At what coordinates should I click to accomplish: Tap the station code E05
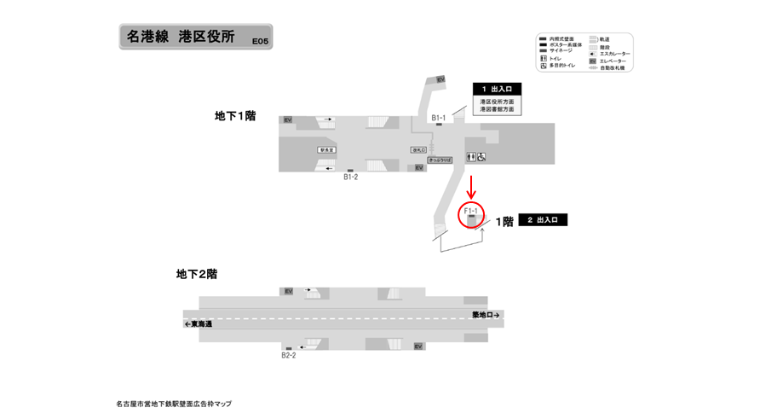coord(258,40)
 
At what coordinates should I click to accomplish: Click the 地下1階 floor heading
coord(235,115)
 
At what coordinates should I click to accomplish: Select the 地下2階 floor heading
coord(197,274)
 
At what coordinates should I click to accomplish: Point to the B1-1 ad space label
coord(439,117)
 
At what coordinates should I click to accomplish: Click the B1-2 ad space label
coord(350,177)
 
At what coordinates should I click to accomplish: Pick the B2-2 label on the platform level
coord(289,354)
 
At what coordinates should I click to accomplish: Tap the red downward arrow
coord(471,186)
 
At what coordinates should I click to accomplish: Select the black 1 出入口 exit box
coord(497,89)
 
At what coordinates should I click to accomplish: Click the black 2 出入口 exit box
coord(543,220)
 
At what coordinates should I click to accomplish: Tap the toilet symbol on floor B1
coord(471,156)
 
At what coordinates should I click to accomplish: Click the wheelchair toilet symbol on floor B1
coord(482,156)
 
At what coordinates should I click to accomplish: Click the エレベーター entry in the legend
coord(613,61)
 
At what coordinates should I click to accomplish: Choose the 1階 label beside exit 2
coord(504,221)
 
